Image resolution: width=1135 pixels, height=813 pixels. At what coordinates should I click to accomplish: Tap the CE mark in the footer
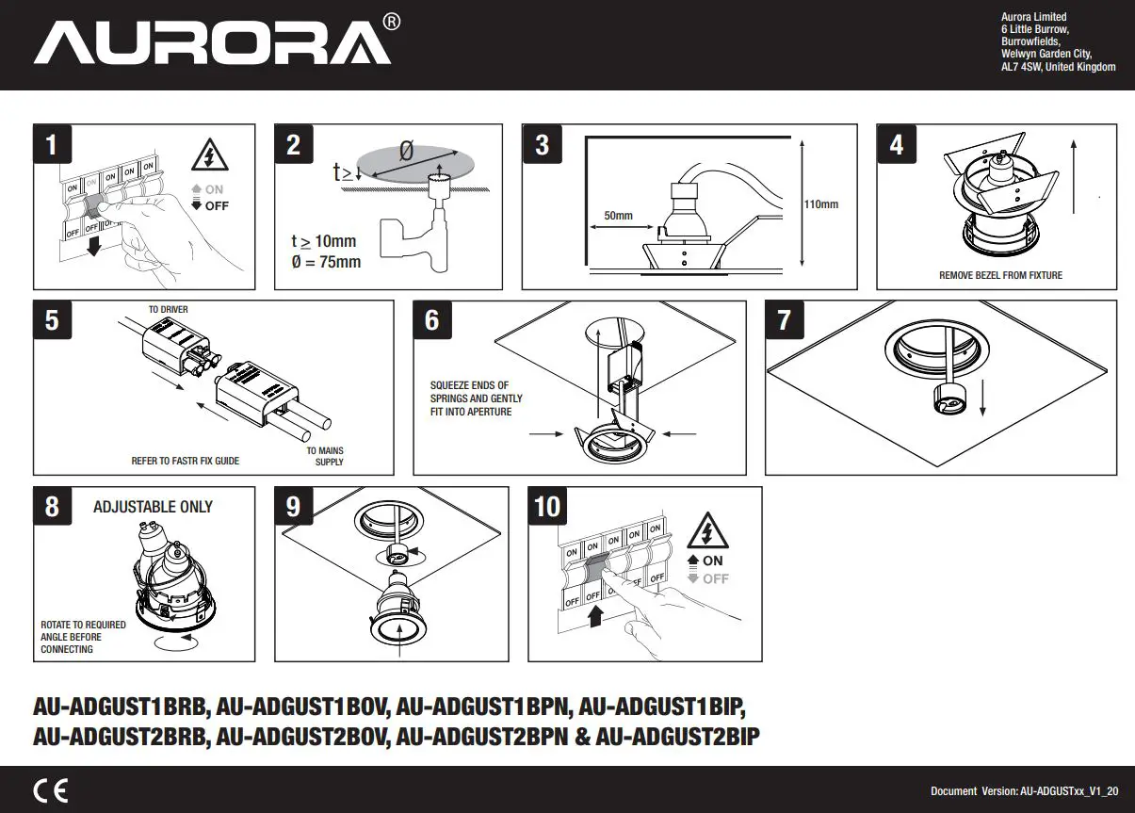[50, 790]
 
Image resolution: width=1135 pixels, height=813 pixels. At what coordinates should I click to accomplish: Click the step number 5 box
[52, 320]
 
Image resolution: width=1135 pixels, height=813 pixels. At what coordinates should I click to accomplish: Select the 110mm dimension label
[820, 204]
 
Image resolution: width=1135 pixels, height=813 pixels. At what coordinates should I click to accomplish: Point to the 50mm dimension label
[618, 217]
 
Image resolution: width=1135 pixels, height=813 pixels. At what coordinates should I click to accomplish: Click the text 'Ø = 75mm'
[326, 262]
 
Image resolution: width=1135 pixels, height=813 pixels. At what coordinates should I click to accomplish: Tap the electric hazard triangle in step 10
[707, 531]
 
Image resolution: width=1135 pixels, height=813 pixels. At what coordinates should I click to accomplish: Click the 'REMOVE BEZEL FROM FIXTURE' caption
[1000, 275]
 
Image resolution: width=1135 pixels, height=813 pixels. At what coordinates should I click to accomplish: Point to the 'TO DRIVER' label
[169, 310]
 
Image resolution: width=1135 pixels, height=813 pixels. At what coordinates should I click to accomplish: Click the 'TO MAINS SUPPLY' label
[325, 456]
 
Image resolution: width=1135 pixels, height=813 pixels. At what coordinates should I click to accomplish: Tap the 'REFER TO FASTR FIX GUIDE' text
[185, 461]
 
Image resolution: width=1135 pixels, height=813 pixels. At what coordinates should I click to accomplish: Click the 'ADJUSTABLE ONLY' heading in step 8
[153, 507]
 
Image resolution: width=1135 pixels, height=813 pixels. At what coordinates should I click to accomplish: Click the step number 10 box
[547, 507]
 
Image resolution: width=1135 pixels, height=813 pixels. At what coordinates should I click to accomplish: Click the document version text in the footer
[1025, 791]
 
